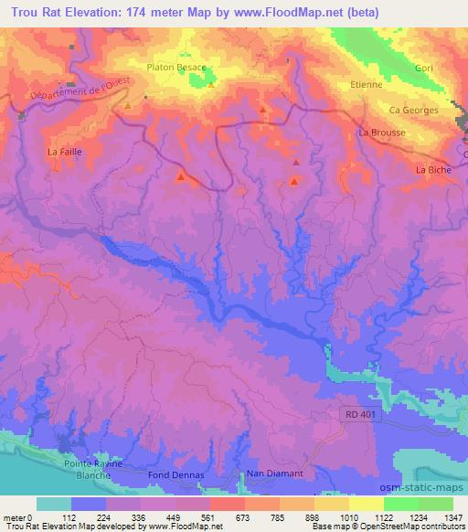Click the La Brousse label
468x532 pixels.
[383, 133]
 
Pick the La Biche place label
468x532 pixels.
[434, 169]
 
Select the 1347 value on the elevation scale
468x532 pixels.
[451, 516]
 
